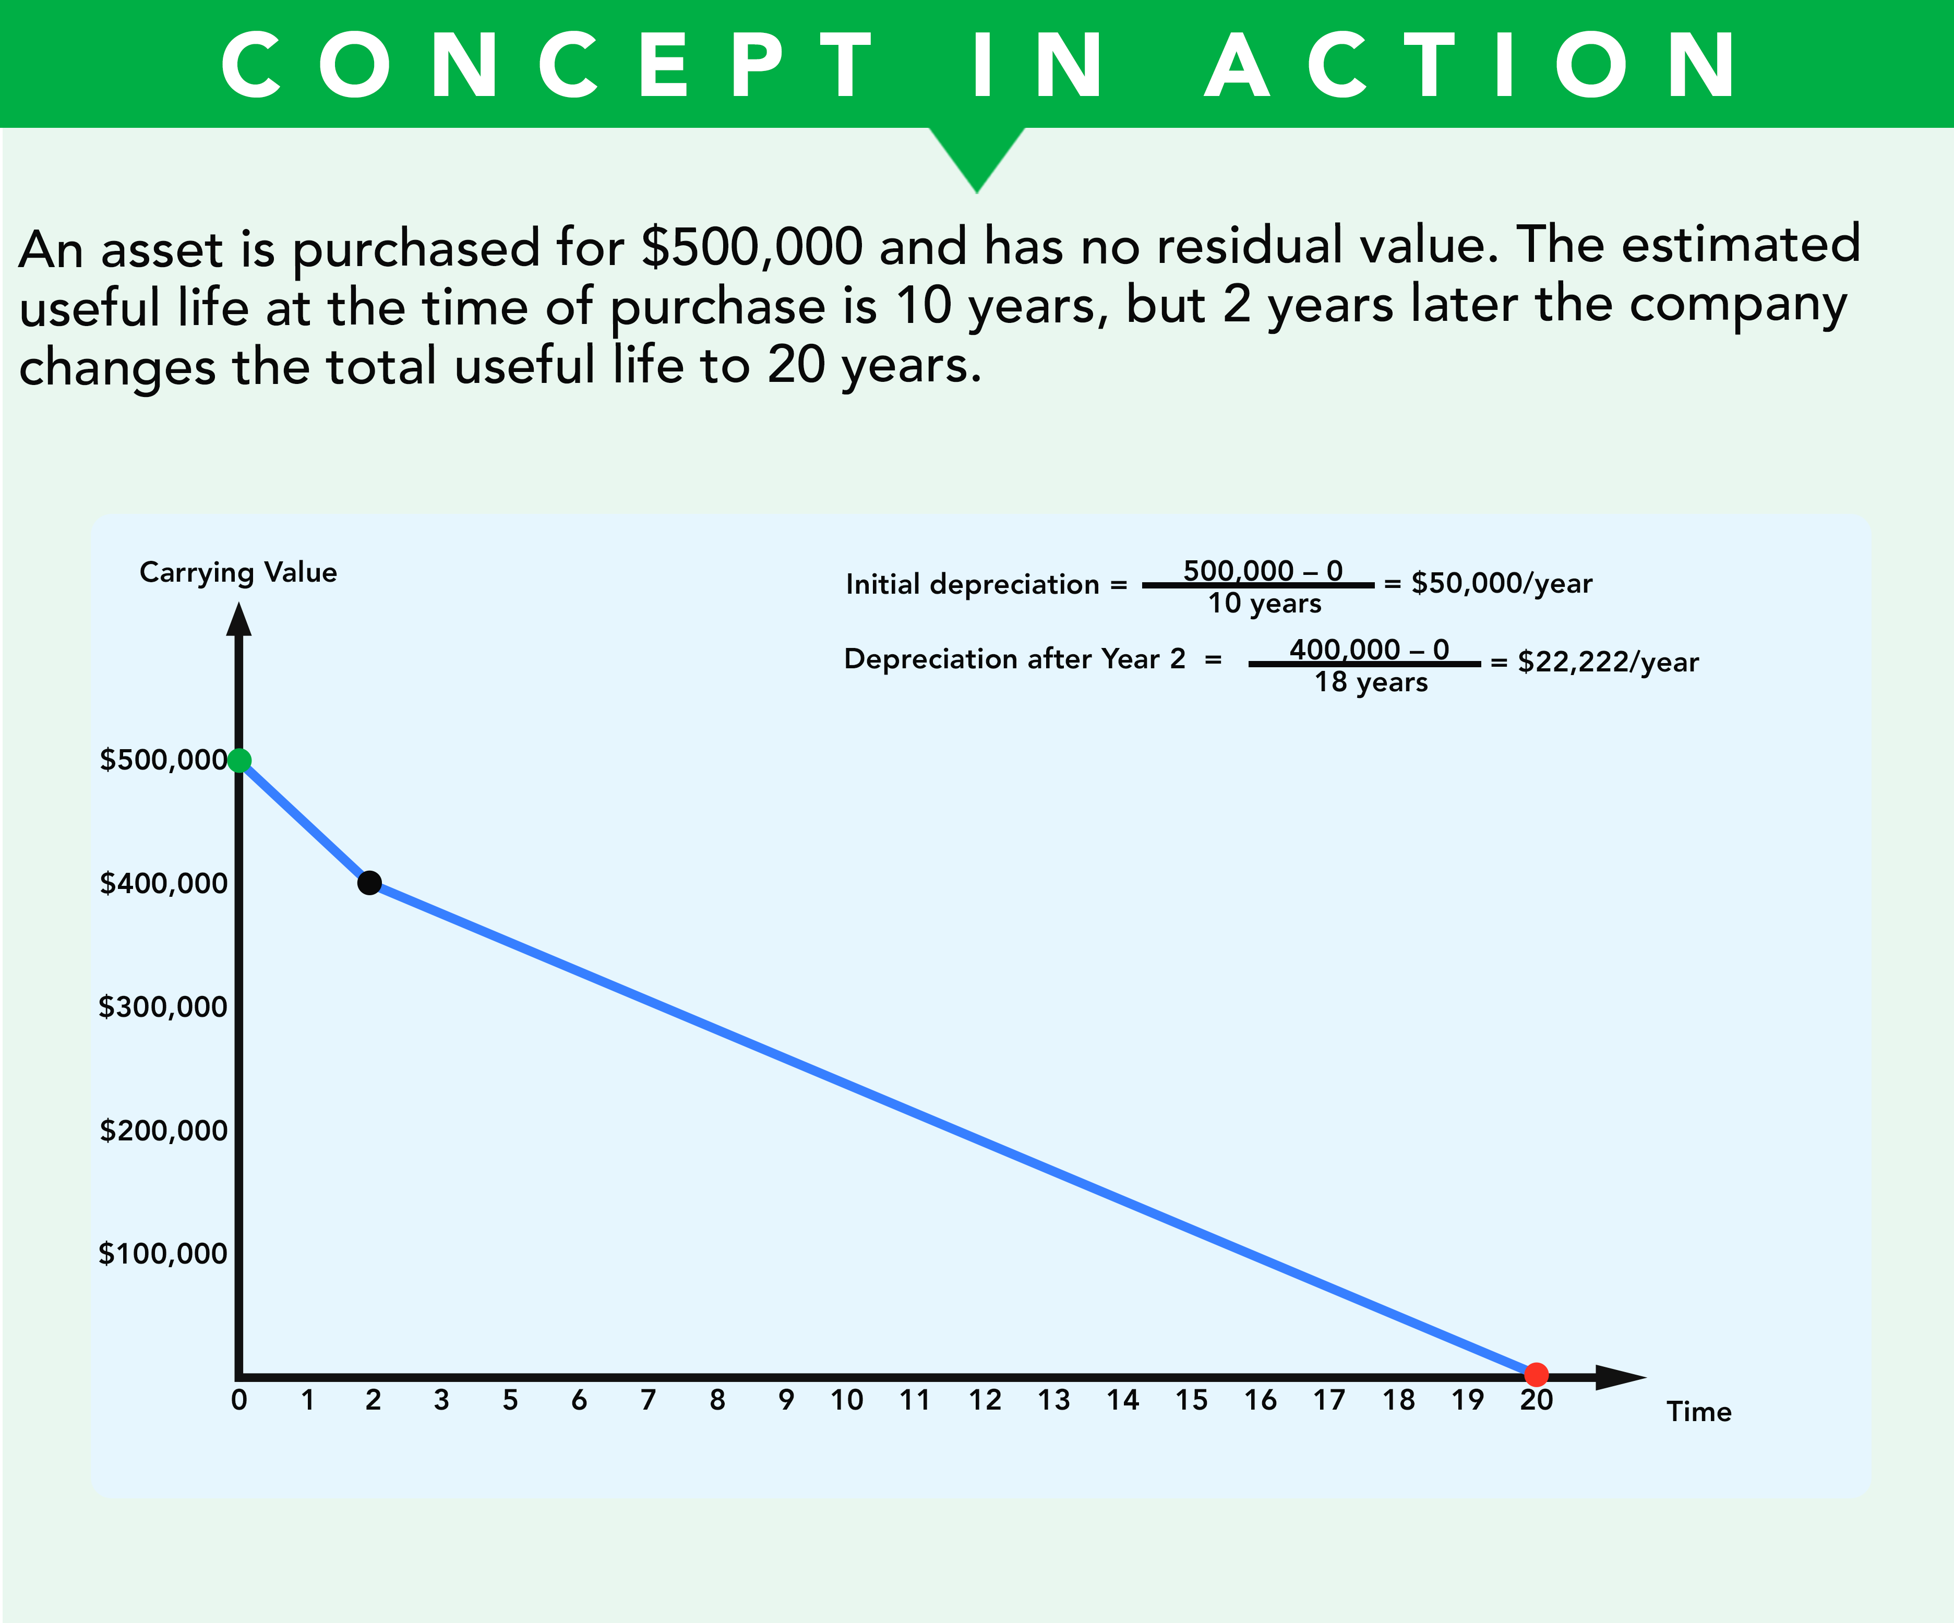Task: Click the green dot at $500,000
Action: [x=239, y=760]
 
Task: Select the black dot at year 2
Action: [x=369, y=882]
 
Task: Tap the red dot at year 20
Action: [x=1536, y=1374]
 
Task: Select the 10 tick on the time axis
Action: [x=847, y=1400]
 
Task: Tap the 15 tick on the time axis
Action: [x=1191, y=1400]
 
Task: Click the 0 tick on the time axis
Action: [x=239, y=1400]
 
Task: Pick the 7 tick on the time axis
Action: [x=649, y=1400]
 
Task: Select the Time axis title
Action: [x=1699, y=1412]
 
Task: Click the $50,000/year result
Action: [x=1502, y=583]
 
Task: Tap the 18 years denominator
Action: [x=1371, y=682]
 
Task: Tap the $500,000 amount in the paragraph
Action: [x=753, y=247]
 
